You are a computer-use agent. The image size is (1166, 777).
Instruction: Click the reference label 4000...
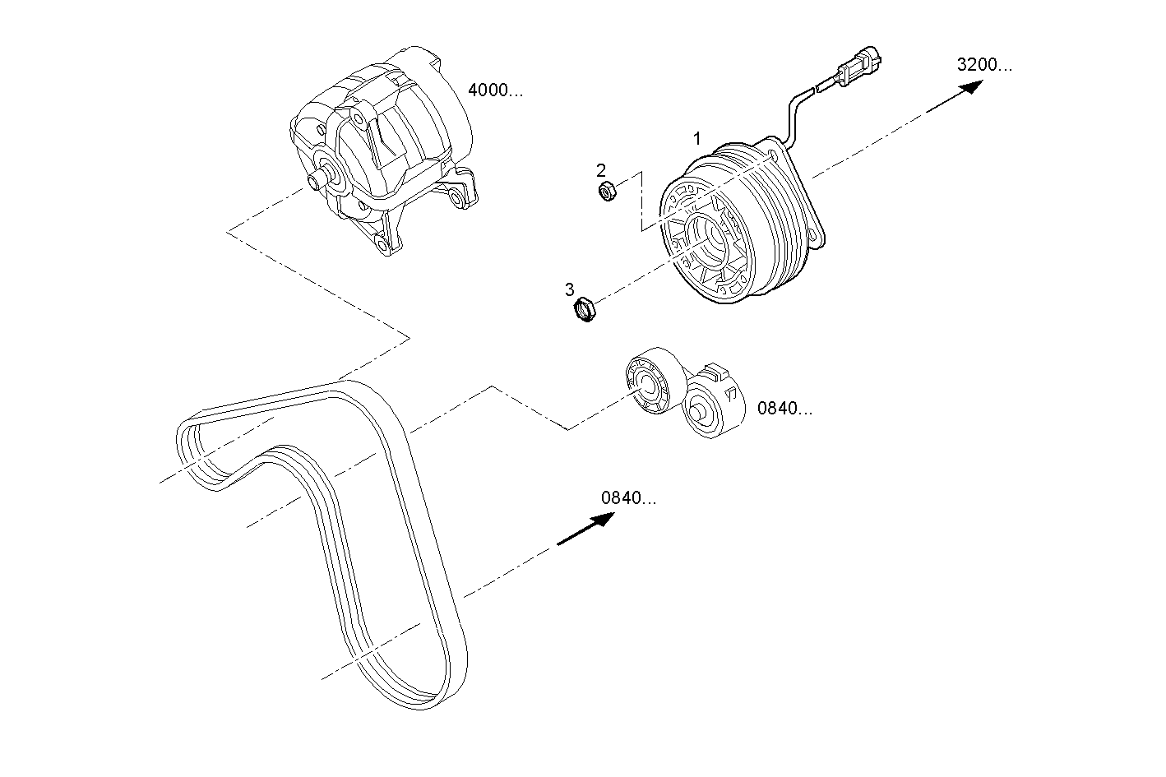(495, 90)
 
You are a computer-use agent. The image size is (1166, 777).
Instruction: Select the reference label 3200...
(984, 65)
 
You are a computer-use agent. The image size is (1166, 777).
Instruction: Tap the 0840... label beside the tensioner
(784, 408)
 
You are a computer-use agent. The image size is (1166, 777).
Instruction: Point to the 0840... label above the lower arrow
(629, 497)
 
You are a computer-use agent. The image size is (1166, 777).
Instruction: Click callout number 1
(697, 138)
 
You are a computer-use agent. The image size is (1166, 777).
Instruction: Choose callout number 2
(601, 170)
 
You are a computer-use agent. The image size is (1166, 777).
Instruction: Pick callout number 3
(569, 289)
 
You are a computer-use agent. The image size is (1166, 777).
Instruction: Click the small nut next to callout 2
(607, 193)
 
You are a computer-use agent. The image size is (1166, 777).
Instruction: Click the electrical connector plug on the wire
(857, 67)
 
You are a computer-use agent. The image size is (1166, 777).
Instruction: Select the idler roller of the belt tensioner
(649, 382)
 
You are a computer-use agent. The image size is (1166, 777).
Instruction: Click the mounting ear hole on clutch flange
(817, 237)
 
